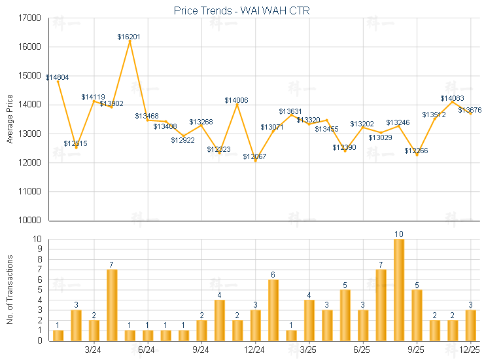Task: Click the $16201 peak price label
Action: [x=129, y=37]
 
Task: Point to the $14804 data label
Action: [x=56, y=77]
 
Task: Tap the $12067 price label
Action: [x=254, y=157]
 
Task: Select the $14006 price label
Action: [x=236, y=100]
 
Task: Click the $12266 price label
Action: [x=416, y=151]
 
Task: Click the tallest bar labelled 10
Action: [x=398, y=289]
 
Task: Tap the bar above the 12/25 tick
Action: [x=470, y=325]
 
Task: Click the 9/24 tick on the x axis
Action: [x=201, y=350]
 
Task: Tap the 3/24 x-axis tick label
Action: [x=94, y=350]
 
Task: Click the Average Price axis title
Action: [x=9, y=120]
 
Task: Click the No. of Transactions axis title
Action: [x=9, y=290]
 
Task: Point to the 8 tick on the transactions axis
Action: [x=38, y=259]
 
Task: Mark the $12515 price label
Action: [x=75, y=143]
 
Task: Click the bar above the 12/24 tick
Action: [x=255, y=325]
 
